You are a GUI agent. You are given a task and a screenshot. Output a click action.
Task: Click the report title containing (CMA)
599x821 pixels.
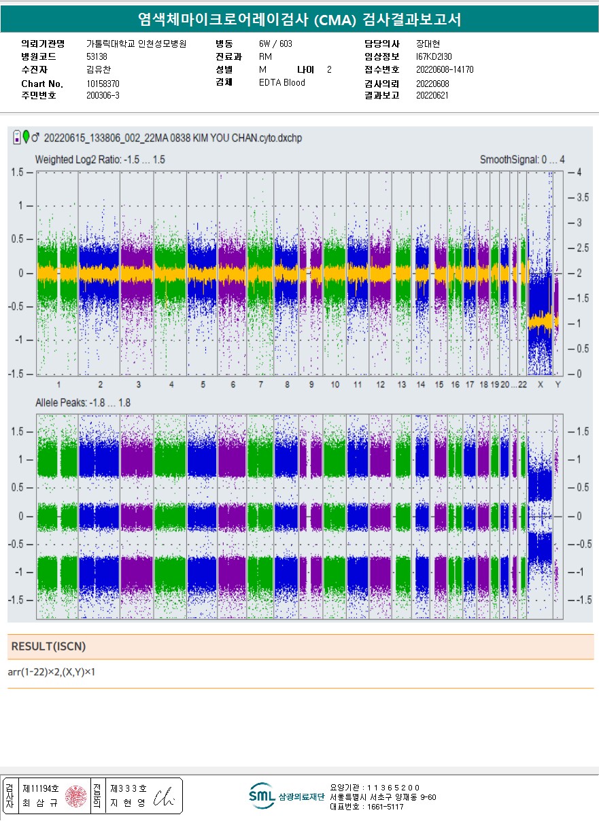click(x=299, y=20)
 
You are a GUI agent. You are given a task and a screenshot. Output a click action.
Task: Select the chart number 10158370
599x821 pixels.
click(x=103, y=84)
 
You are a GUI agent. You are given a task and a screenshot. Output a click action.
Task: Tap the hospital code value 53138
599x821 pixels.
click(x=97, y=56)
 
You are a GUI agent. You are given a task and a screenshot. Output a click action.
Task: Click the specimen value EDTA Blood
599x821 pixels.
click(x=282, y=83)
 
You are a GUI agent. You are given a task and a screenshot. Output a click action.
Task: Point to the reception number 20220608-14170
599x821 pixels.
click(x=445, y=70)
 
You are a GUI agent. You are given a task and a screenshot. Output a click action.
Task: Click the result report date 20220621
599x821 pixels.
click(x=432, y=96)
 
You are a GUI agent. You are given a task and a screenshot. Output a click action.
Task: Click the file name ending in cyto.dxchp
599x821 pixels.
click(x=173, y=139)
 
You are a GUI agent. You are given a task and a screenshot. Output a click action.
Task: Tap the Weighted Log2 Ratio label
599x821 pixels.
click(x=100, y=160)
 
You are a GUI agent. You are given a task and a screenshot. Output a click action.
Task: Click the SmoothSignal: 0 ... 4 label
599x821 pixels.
click(x=522, y=160)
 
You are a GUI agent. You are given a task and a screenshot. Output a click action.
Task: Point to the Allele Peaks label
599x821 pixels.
click(x=83, y=403)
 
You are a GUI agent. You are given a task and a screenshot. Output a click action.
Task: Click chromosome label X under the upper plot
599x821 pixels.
click(x=541, y=385)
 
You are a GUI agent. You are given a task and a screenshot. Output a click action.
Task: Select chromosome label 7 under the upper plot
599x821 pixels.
click(x=260, y=385)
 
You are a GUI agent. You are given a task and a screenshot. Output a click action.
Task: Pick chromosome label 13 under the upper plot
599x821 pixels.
click(x=402, y=385)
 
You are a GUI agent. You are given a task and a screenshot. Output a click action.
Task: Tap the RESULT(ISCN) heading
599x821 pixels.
click(x=49, y=646)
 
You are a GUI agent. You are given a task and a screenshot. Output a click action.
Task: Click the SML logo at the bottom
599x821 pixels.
click(x=260, y=796)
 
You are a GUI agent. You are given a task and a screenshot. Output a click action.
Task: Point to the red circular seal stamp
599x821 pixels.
click(x=76, y=795)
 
